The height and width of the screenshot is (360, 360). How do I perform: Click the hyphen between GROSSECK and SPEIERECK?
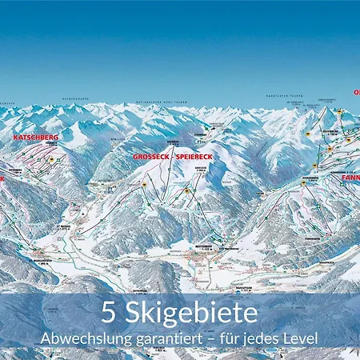coord(170,157)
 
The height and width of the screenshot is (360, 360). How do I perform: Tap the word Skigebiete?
coord(190,310)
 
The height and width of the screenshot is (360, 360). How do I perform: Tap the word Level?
coord(303,338)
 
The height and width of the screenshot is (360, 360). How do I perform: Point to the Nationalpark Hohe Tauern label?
coord(180,102)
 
